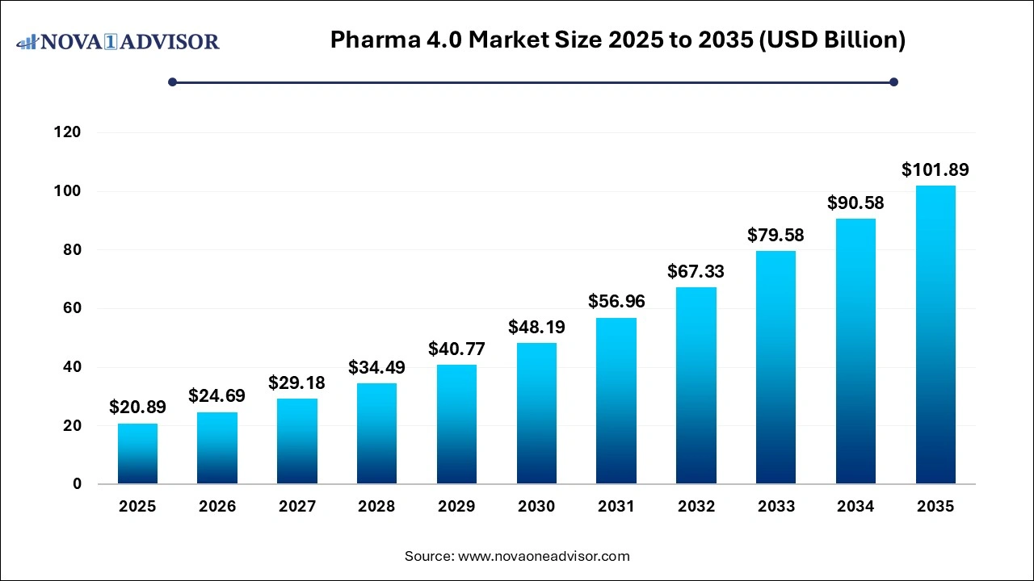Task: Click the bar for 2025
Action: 137,454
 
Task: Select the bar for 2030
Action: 536,413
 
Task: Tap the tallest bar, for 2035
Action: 935,335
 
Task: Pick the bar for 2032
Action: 696,386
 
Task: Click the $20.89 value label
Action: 137,408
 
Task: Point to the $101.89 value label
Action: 935,169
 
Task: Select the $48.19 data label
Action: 536,327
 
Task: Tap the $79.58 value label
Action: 775,235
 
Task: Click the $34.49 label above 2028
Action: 376,367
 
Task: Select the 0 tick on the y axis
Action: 78,484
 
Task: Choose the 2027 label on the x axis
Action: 296,507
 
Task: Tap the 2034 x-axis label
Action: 855,507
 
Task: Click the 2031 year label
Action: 616,507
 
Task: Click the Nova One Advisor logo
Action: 118,41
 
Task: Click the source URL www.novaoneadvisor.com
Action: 543,556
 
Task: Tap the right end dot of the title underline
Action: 893,82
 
